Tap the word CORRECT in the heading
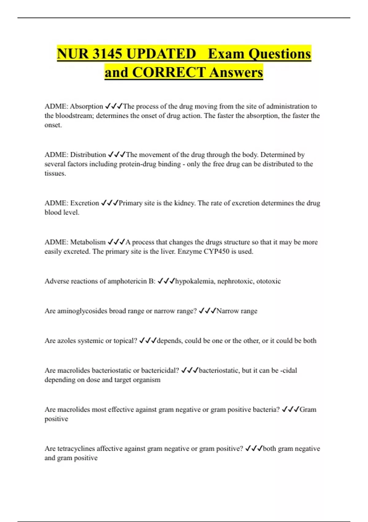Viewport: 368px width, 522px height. [x=169, y=72]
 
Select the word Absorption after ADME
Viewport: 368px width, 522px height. [x=86, y=106]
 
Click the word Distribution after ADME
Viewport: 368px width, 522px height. [x=88, y=154]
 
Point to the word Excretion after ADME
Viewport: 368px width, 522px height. [x=85, y=203]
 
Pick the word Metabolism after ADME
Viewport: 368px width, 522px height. [x=88, y=242]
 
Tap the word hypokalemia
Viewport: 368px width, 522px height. [x=194, y=281]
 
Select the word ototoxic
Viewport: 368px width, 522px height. [x=268, y=281]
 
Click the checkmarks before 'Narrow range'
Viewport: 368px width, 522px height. [x=207, y=311]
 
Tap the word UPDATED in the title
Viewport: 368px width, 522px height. [x=161, y=54]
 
